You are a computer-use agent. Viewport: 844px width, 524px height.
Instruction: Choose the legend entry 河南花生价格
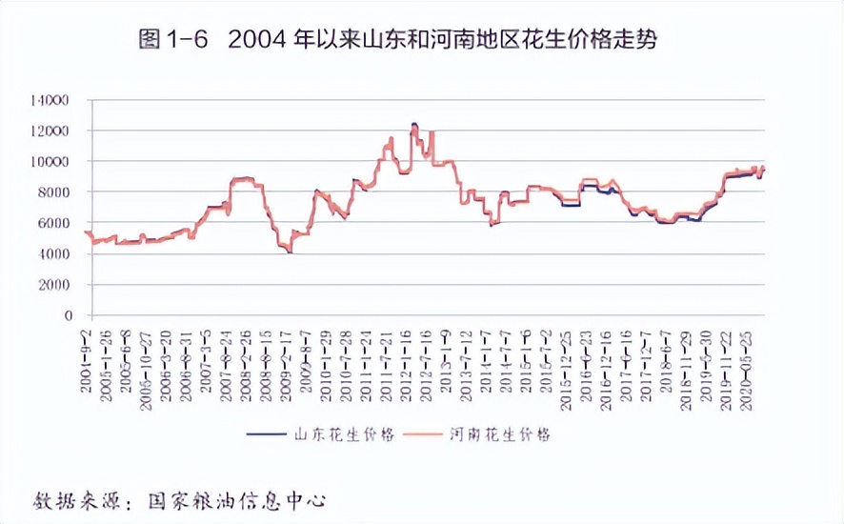[x=501, y=434]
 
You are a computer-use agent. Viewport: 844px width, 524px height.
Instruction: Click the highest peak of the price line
[x=414, y=124]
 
